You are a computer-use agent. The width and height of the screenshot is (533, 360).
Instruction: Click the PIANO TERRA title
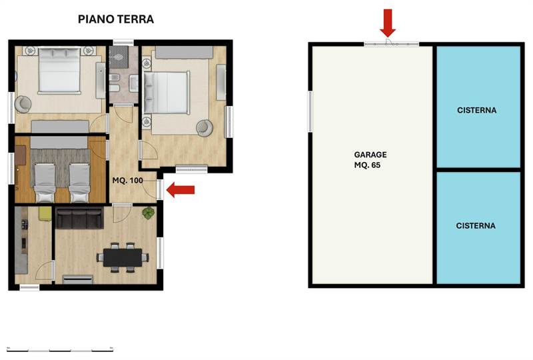tap(116, 19)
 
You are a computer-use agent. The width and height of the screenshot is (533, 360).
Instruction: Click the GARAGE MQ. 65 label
tap(370, 159)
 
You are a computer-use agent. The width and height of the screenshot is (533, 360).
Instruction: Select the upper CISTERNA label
tap(477, 110)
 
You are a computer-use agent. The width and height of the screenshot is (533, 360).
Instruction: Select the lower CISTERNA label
tap(476, 225)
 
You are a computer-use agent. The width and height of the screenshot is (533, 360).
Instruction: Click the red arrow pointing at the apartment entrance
tap(180, 191)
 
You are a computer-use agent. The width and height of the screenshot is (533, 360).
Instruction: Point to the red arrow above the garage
tap(388, 23)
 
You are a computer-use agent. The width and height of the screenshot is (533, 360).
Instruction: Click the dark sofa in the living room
tap(79, 218)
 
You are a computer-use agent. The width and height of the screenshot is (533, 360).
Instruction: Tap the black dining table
tap(123, 257)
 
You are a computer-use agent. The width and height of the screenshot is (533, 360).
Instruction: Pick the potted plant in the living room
tap(148, 213)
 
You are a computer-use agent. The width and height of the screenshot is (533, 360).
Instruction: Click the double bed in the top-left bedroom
tap(59, 70)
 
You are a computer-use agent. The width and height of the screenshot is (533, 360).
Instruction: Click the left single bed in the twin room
tap(45, 181)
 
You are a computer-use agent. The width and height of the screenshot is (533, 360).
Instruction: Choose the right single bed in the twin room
tap(79, 181)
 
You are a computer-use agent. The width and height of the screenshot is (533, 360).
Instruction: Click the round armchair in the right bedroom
tap(204, 127)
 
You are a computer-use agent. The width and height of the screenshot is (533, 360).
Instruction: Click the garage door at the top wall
tap(391, 44)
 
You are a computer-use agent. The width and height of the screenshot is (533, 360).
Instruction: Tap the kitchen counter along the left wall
tap(21, 243)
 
